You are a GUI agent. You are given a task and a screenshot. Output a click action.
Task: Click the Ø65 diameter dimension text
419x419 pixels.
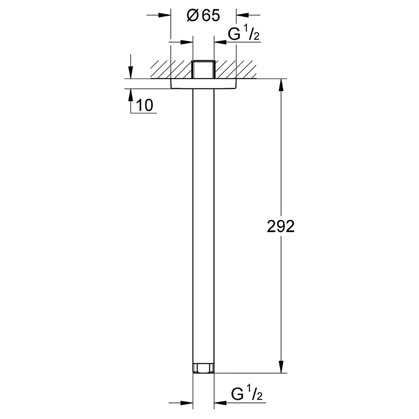[x=203, y=15]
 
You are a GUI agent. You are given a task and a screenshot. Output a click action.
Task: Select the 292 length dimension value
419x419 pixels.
[x=281, y=226]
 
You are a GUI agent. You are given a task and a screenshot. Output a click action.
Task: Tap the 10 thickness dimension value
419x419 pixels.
[x=145, y=105]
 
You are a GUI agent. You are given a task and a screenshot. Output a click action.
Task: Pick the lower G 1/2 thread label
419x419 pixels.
[x=247, y=393]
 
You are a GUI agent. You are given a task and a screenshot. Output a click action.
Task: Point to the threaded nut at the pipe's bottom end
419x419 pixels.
[x=203, y=368]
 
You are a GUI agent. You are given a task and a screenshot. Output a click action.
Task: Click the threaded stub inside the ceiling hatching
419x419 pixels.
[x=203, y=70]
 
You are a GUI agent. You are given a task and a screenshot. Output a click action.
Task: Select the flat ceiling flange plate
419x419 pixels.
[x=203, y=84]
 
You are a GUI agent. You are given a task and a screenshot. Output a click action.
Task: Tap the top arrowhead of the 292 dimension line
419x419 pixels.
[x=281, y=85]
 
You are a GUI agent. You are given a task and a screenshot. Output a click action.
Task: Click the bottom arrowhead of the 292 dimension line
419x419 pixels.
[x=281, y=367]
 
